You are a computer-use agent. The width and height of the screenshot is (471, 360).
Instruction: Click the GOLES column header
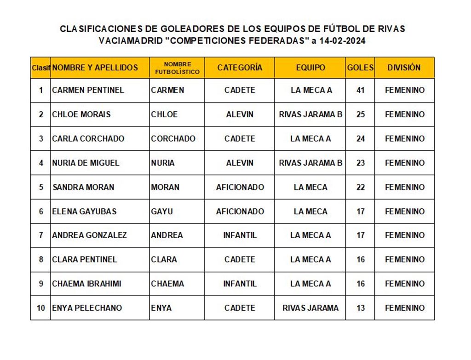[x=360, y=68]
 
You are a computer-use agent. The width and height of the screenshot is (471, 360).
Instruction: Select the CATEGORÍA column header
[x=240, y=68]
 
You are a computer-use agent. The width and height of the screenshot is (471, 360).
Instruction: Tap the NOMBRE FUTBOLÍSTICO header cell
[x=177, y=68]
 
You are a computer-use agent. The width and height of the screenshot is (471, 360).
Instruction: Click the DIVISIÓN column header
[x=404, y=68]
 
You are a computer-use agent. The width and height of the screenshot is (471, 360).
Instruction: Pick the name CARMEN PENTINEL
[x=88, y=90]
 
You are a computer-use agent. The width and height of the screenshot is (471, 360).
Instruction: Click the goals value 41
[x=360, y=90]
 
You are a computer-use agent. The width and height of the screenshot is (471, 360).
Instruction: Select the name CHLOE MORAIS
[x=81, y=114]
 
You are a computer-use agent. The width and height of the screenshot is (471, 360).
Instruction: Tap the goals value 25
[x=360, y=114]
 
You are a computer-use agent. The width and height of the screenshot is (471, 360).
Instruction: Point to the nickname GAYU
[x=162, y=211]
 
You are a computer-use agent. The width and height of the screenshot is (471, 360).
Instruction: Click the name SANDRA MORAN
[x=83, y=187]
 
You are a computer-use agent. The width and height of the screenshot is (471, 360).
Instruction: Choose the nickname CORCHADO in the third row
[x=173, y=138]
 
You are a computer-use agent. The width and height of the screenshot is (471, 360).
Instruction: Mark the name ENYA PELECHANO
[x=87, y=308]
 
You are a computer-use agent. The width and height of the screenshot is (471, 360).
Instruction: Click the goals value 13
[x=360, y=308]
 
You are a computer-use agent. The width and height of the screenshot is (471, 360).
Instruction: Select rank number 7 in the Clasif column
[x=41, y=235]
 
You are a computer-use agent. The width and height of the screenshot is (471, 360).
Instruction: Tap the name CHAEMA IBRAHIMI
[x=86, y=284]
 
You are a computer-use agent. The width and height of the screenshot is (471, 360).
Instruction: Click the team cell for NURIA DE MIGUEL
[x=310, y=163]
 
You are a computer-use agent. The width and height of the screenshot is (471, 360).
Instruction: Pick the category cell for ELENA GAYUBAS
[x=240, y=211]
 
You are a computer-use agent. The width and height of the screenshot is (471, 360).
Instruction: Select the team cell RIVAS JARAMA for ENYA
[x=310, y=308]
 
